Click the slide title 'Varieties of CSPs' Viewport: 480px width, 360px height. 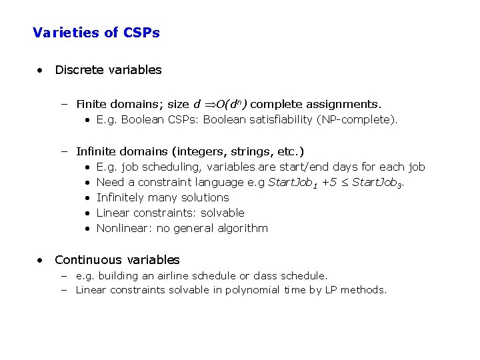click(96, 32)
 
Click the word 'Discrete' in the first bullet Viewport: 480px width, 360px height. click(78, 70)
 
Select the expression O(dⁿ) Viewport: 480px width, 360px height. click(232, 104)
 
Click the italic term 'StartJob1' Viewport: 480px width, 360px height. click(293, 183)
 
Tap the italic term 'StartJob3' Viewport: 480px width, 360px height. click(377, 183)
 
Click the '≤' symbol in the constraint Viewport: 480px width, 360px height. click(344, 183)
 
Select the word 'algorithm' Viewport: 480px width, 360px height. click(243, 228)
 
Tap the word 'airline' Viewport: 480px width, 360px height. click(174, 275)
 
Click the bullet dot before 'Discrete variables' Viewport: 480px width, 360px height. click(41, 70)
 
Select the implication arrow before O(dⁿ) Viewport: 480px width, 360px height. click(209, 104)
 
